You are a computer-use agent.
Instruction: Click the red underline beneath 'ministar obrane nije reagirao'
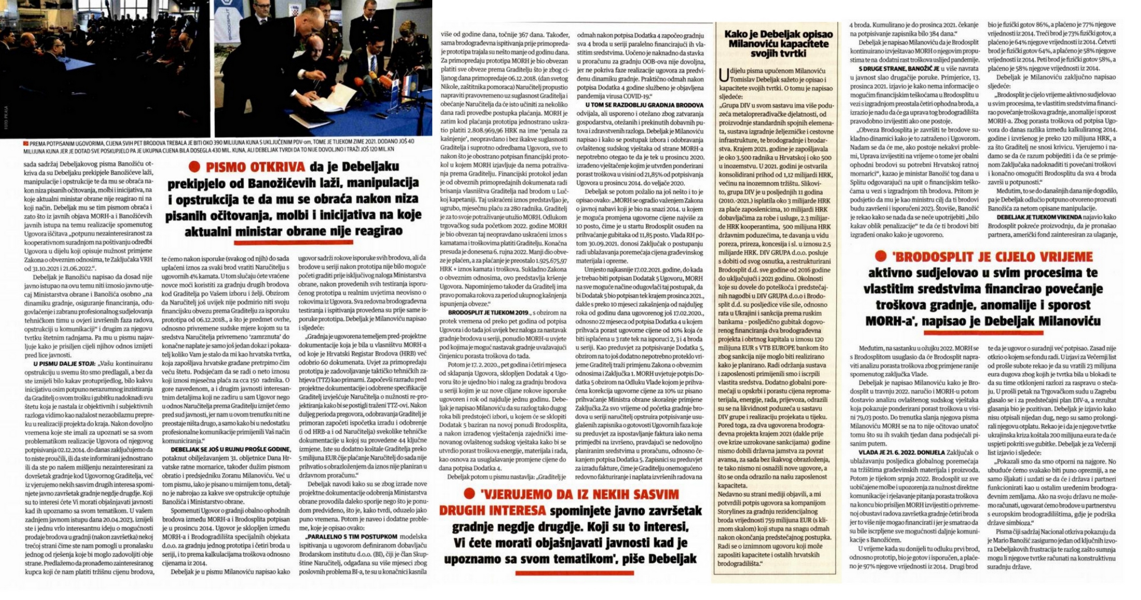point(293,242)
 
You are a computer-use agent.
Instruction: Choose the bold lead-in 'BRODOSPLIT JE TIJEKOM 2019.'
point(473,313)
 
